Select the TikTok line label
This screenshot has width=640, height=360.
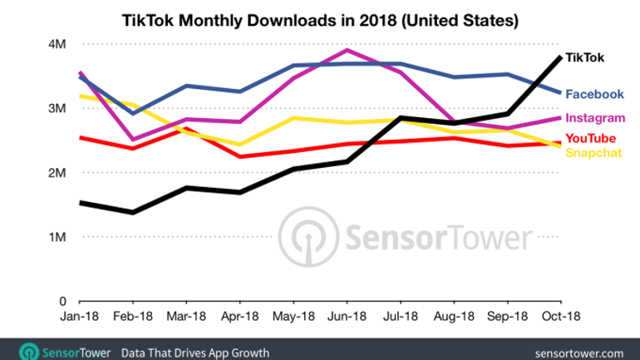(x=585, y=57)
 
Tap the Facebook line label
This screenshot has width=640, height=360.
(x=595, y=94)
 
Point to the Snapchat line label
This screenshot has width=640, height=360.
(x=594, y=151)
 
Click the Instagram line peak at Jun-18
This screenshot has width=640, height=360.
(x=347, y=50)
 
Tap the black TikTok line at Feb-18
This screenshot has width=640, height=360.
(x=133, y=212)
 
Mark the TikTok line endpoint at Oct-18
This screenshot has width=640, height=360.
(x=559, y=57)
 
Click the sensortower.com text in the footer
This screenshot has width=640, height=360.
(x=586, y=351)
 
